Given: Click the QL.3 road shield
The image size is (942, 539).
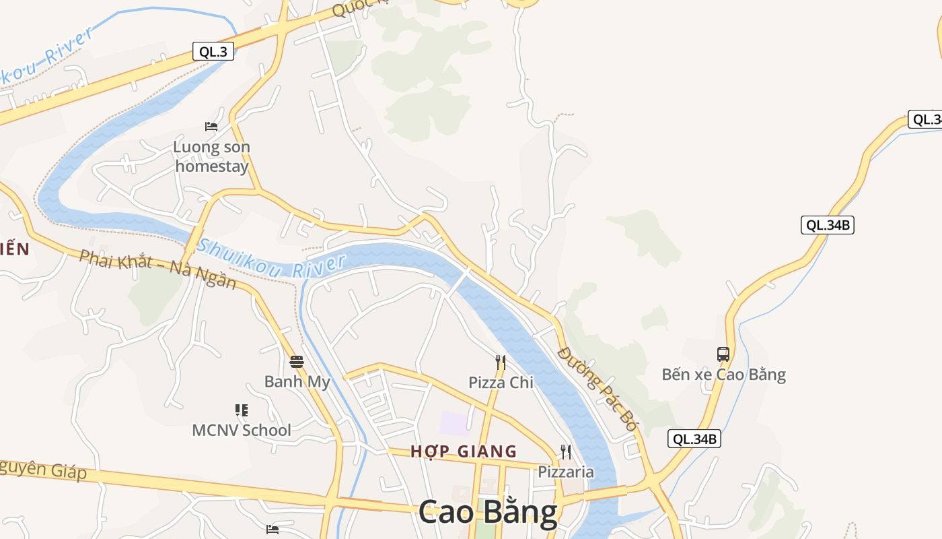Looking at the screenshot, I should [x=213, y=51].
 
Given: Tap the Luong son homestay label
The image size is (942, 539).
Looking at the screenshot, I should [x=211, y=156].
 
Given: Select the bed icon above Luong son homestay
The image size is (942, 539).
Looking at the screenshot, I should [x=211, y=126].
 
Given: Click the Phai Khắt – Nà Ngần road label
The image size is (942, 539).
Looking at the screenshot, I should [x=157, y=269].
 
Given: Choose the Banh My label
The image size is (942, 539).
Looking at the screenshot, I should [x=297, y=382].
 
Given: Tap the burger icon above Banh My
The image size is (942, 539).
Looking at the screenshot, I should [x=297, y=362].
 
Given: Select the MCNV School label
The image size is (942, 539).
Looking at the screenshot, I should [x=242, y=430].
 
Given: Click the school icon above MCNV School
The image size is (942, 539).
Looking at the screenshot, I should [x=242, y=410].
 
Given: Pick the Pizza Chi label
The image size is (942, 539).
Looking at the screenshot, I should [x=501, y=383].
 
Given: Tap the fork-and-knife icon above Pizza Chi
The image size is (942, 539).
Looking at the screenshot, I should [x=500, y=362].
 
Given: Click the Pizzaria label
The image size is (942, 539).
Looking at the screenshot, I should [x=566, y=472].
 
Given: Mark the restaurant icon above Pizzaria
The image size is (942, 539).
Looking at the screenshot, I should [x=566, y=451].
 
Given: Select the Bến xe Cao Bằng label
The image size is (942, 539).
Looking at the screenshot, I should [x=723, y=375].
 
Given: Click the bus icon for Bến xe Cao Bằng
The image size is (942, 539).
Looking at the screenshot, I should [x=723, y=354].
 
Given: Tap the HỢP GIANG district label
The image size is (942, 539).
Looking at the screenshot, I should [x=464, y=451].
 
